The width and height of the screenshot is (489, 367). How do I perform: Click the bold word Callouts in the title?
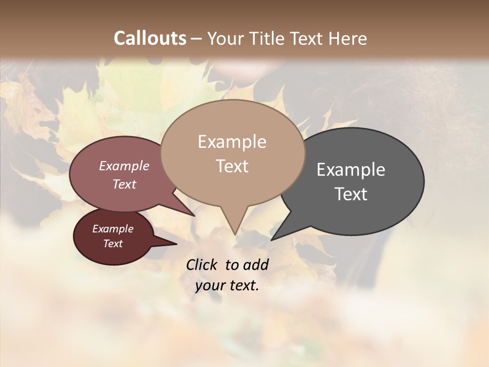pyautogui.click(x=150, y=38)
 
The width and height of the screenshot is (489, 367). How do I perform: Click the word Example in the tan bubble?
pyautogui.click(x=232, y=142)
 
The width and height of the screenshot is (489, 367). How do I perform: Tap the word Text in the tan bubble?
pyautogui.click(x=232, y=166)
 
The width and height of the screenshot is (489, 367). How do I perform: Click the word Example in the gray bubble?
pyautogui.click(x=351, y=170)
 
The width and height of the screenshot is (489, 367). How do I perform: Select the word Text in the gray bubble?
pyautogui.click(x=351, y=194)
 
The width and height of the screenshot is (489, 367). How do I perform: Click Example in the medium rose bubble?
pyautogui.click(x=124, y=166)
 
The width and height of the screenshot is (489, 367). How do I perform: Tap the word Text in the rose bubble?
pyautogui.click(x=124, y=184)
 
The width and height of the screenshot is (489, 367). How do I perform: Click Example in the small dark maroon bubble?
pyautogui.click(x=113, y=229)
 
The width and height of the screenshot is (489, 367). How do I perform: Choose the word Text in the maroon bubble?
pyautogui.click(x=113, y=244)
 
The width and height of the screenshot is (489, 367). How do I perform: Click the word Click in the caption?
pyautogui.click(x=203, y=265)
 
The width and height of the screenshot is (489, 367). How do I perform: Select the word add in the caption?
pyautogui.click(x=256, y=265)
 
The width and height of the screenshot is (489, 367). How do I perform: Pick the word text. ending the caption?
pyautogui.click(x=242, y=286)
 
